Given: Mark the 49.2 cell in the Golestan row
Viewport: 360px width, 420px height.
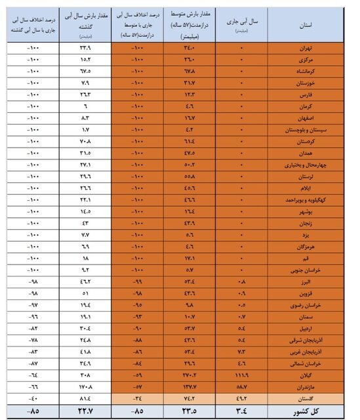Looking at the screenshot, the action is tap(241, 398).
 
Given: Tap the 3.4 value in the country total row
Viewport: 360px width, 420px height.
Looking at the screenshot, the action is tap(241, 411).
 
